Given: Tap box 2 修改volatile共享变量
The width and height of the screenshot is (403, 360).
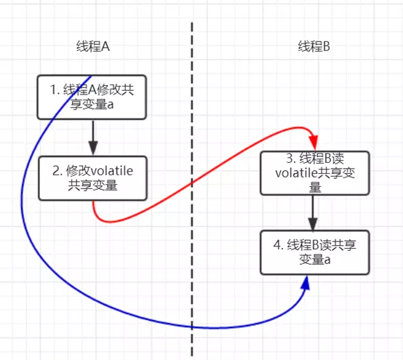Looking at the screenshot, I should (92, 178).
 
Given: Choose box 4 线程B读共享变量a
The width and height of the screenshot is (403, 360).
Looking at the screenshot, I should (314, 251).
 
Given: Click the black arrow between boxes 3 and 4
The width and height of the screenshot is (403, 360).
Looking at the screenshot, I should (314, 211).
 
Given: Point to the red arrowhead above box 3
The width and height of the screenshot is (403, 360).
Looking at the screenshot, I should (314, 139).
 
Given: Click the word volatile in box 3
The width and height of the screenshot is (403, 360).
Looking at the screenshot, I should (298, 172).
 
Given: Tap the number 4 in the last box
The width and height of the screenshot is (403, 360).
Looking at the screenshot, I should (278, 244).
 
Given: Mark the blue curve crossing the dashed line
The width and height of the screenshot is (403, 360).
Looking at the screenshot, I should (192, 329).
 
